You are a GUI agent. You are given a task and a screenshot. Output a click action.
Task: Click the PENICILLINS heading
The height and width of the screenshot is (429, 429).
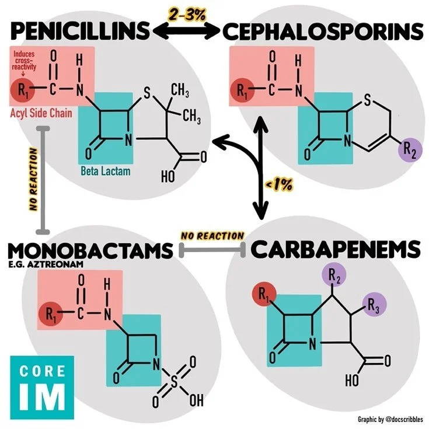[x=80, y=30]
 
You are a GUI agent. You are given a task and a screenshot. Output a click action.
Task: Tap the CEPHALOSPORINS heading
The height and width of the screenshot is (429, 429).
[x=323, y=31]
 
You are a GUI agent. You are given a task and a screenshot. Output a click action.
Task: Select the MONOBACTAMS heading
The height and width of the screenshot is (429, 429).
[x=90, y=250]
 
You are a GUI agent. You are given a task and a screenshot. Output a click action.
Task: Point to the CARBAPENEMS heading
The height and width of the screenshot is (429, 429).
[x=336, y=249]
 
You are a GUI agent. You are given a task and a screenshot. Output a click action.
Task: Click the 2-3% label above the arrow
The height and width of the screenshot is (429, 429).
[x=187, y=15]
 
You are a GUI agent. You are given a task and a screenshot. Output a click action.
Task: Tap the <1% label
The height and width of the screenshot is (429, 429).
[x=279, y=185]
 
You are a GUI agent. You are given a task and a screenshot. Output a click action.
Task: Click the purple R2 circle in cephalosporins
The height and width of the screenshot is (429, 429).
[x=410, y=150]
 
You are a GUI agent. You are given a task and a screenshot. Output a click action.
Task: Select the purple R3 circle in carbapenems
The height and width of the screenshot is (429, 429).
[x=374, y=305]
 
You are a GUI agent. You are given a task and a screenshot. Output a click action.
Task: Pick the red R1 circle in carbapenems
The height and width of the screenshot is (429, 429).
[x=264, y=294]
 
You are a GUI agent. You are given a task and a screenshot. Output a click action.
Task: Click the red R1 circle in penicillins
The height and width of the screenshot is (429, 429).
[x=23, y=89]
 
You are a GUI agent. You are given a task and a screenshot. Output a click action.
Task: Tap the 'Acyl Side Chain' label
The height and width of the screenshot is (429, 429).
[x=41, y=113]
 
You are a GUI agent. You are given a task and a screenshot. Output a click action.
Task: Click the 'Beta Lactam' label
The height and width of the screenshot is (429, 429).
[x=105, y=171]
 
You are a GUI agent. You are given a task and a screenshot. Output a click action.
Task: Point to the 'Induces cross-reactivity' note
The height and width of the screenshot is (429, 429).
[x=24, y=61]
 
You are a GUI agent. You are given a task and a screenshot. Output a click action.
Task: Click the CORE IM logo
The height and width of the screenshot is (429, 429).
[x=42, y=387]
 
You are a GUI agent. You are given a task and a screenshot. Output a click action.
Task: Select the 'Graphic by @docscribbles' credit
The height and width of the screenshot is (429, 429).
[x=390, y=419]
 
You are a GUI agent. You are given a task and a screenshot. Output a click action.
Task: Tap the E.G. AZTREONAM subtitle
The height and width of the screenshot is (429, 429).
[x=46, y=264]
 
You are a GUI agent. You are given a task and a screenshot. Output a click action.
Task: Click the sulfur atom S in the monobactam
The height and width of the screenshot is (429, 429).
[x=174, y=382]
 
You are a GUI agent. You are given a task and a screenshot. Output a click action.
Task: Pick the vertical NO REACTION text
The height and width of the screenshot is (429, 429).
[x=34, y=179]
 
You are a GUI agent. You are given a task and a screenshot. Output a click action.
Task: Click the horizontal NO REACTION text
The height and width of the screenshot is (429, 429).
[x=212, y=236]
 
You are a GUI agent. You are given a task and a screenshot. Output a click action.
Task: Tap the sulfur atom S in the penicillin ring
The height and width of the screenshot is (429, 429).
[x=147, y=93]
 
